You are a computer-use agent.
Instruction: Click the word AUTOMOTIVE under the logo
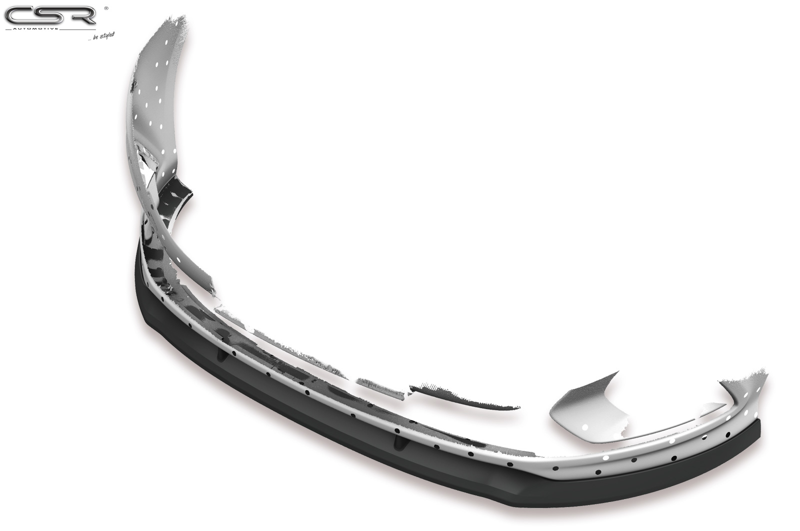(35, 29)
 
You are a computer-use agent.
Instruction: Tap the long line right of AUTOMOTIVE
(78, 29)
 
